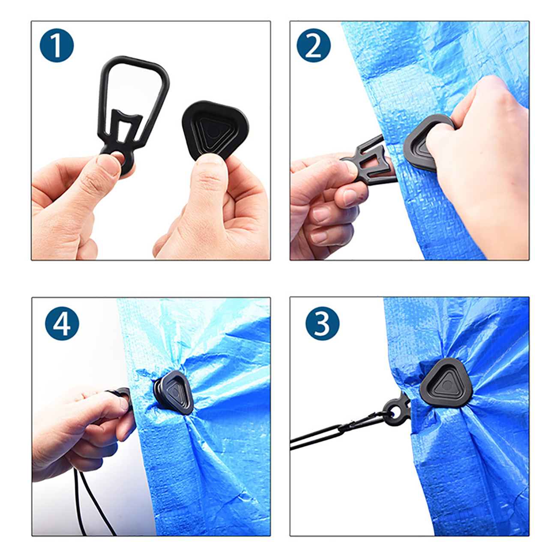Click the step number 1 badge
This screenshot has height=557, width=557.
57,45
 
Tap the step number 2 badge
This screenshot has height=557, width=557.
314,45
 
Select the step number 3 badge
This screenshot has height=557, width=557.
322,323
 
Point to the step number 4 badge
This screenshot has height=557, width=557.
62,323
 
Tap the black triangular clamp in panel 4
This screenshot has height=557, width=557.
173,392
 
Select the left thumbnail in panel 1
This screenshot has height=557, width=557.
108,165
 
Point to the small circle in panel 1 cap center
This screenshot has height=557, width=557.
213,133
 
